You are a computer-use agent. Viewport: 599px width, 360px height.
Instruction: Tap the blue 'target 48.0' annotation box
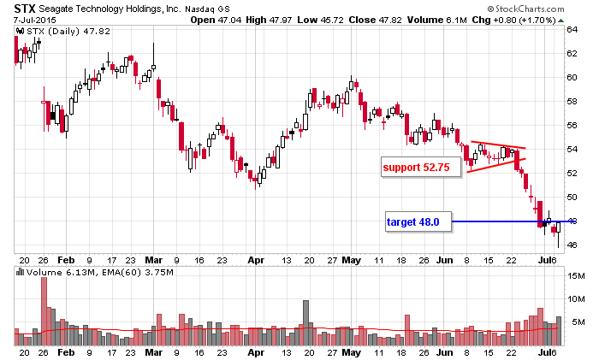click(412, 221)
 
